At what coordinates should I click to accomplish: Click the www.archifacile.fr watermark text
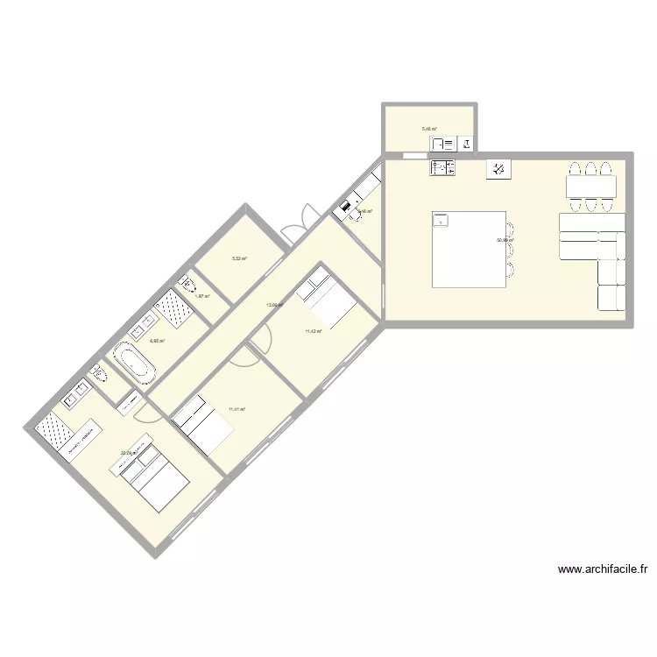coord(602,569)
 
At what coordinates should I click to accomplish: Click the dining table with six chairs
coord(590,187)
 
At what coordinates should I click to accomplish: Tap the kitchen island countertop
coord(470,249)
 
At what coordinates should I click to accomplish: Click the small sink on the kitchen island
coord(439,220)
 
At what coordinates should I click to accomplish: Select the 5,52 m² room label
coord(239,258)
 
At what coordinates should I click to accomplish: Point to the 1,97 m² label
coord(201,297)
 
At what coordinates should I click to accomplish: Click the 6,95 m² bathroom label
coord(157,342)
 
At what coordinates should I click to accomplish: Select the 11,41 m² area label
coord(237,409)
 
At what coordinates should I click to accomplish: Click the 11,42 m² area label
coord(314,331)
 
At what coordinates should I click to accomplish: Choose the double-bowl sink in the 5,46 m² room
coord(442,144)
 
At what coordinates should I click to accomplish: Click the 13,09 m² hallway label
coord(274,305)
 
